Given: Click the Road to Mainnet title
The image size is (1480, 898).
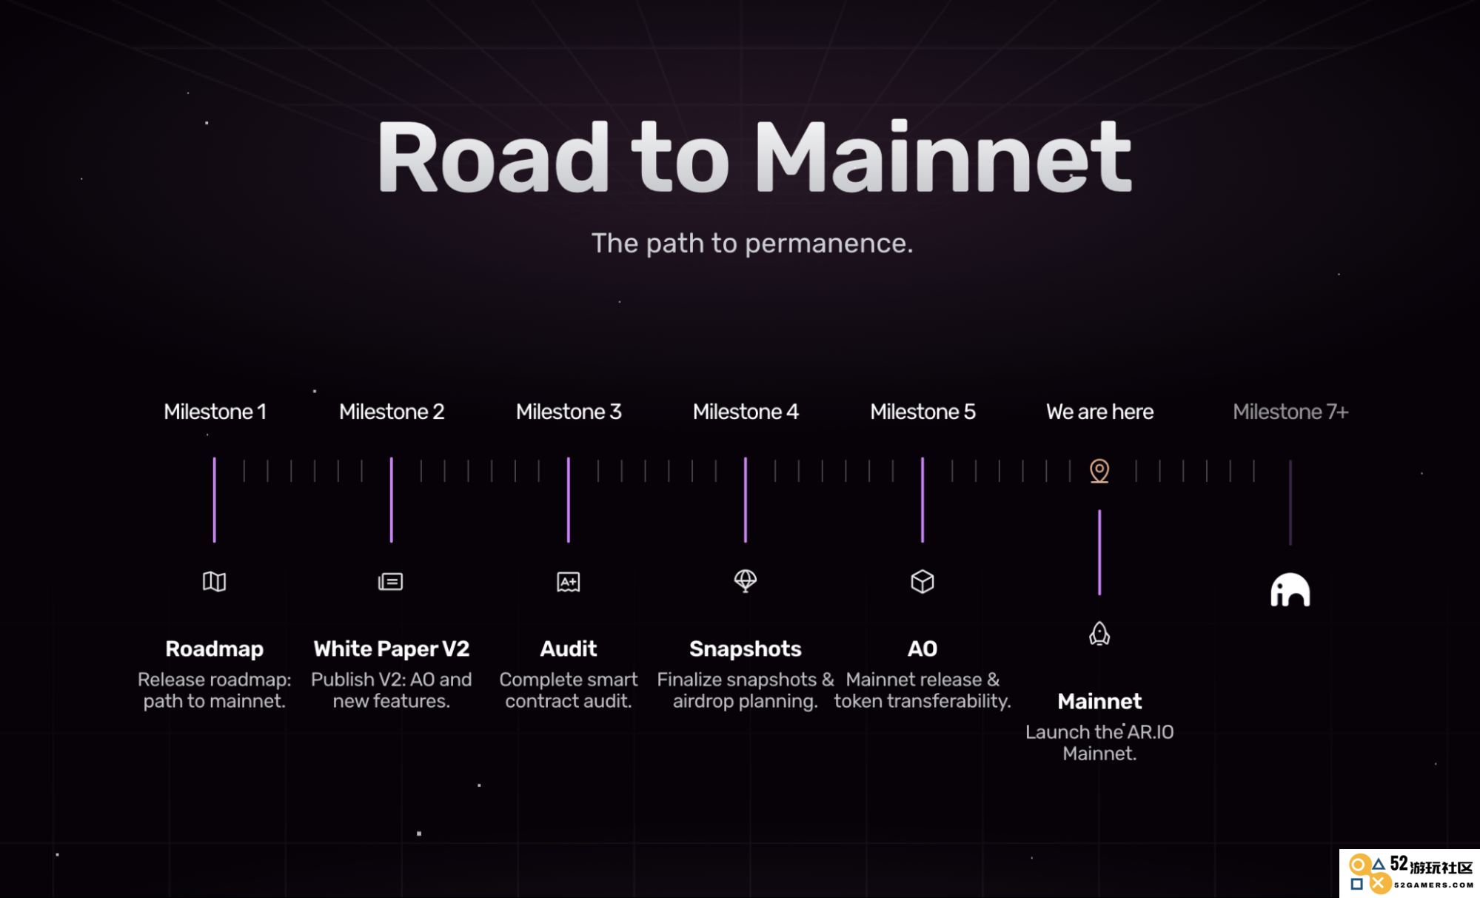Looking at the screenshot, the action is click(x=754, y=157).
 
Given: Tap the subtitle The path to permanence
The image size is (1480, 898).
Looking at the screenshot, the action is click(x=752, y=243).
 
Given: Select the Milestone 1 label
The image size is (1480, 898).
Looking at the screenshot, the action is click(x=215, y=412).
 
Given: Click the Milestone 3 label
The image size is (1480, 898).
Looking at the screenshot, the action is click(x=569, y=412).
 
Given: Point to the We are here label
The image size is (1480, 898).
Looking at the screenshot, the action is click(x=1099, y=412).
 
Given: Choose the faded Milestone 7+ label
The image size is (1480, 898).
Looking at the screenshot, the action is click(x=1290, y=412).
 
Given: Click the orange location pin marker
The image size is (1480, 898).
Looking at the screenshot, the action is click(x=1099, y=471).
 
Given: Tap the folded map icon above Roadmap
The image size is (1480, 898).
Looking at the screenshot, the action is click(x=214, y=582).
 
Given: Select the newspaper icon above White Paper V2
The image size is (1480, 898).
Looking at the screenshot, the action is click(x=390, y=582).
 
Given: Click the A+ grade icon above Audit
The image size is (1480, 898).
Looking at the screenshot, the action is click(x=568, y=583).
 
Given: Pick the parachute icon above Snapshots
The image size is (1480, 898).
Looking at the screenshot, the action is click(x=745, y=581).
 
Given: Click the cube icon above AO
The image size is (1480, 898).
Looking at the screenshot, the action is click(x=922, y=582).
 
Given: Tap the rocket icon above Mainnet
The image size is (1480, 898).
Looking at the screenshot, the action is click(x=1099, y=634).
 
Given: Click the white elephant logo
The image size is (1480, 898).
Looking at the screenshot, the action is click(x=1290, y=590).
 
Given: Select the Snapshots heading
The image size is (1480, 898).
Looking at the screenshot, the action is click(x=746, y=649).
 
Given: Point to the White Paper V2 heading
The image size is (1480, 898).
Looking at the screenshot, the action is click(x=392, y=649).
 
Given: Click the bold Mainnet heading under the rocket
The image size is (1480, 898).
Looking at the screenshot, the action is click(x=1099, y=701).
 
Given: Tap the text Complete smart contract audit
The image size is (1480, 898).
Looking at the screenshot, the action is click(x=569, y=690).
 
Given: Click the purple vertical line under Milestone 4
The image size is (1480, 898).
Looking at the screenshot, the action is click(x=746, y=500).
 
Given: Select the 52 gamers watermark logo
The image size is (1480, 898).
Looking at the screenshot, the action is click(x=1410, y=874).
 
